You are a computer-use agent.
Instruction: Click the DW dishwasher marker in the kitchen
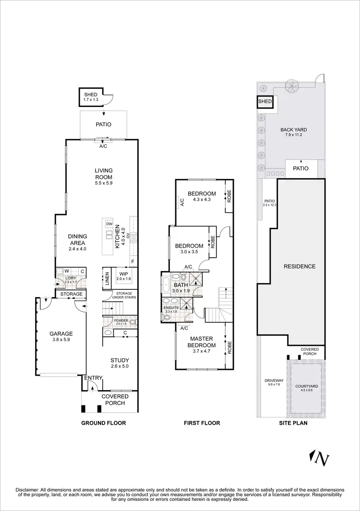109,225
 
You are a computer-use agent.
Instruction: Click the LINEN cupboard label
107,278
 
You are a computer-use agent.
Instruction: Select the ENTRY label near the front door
93,378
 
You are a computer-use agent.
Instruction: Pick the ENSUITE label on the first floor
171,308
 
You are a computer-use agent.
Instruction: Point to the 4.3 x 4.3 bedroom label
202,197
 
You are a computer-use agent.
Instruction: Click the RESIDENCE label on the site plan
300,266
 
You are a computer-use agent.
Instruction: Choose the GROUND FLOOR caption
103,423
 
